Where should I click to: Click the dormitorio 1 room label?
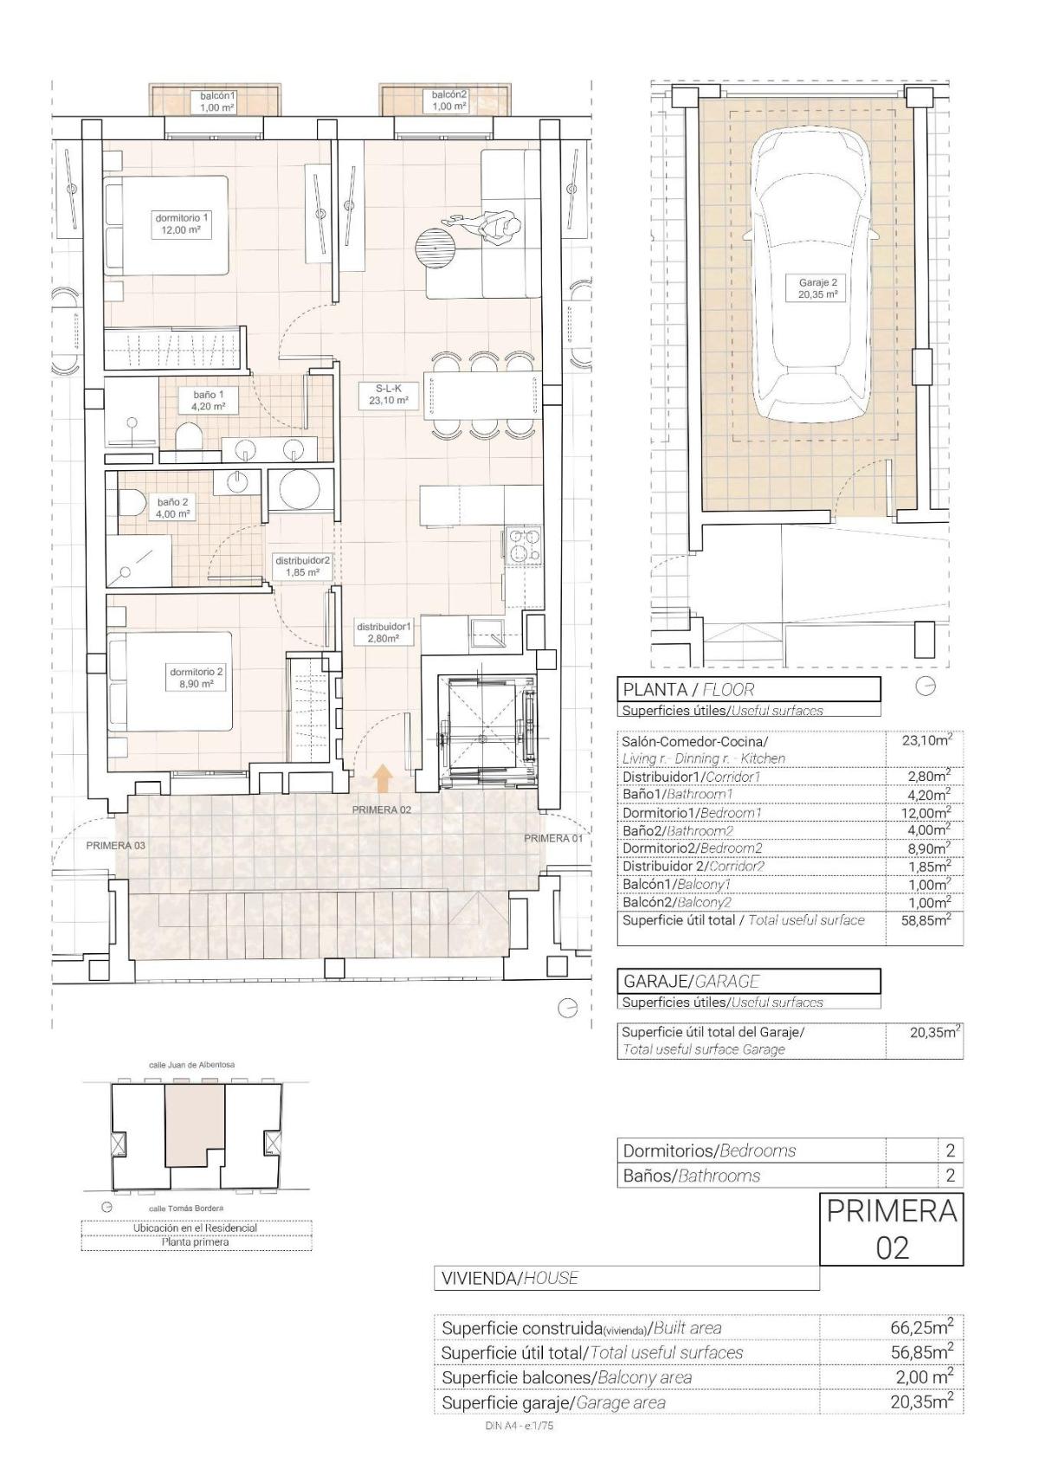[x=182, y=223]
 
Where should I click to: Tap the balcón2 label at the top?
[x=449, y=100]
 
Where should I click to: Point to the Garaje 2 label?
[x=817, y=287]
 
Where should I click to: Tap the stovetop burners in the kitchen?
[x=522, y=546]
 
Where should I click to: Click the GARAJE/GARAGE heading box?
[x=749, y=981]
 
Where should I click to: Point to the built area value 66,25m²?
[x=921, y=1327]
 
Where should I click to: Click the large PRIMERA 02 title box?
[x=891, y=1229]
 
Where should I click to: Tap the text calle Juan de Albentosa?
[x=192, y=1064]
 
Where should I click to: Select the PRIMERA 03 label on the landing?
[x=116, y=845]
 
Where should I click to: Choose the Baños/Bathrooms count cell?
[x=950, y=1176]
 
